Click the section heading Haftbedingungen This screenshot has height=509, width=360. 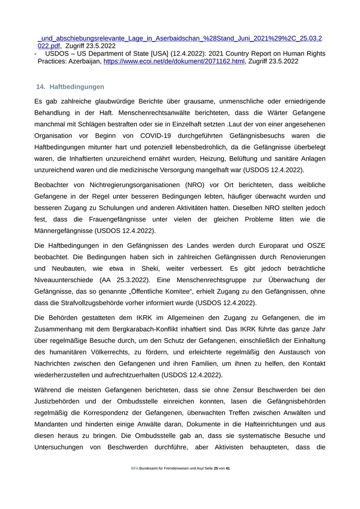pyautogui.click(x=77, y=87)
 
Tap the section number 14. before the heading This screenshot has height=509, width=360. pyautogui.click(x=41, y=87)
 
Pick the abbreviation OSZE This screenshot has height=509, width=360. pyautogui.click(x=315, y=245)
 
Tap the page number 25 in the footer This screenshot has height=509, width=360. pyautogui.click(x=216, y=468)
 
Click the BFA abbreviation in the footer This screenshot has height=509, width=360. pyautogui.click(x=135, y=468)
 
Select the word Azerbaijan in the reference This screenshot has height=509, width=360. pyautogui.click(x=81, y=61)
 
